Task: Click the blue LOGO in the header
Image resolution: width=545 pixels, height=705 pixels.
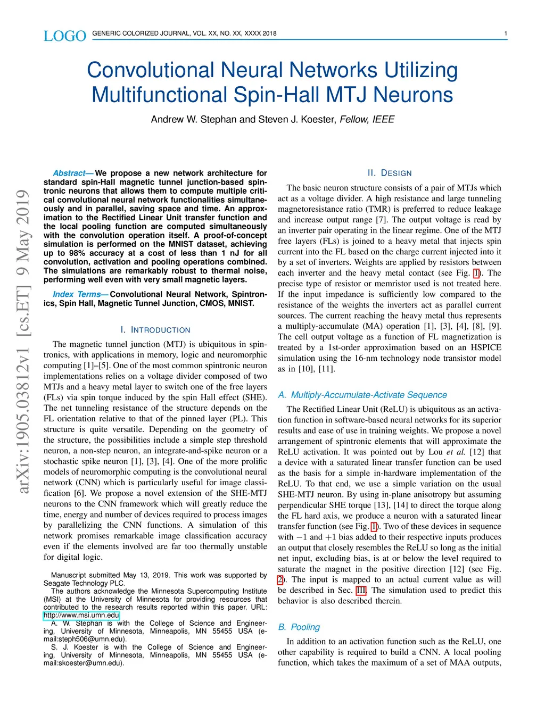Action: [x=64, y=36]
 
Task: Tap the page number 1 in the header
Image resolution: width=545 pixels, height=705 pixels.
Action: [x=506, y=34]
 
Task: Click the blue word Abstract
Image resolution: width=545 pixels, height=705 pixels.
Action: [x=69, y=173]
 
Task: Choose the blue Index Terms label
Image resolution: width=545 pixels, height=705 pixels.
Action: [x=77, y=294]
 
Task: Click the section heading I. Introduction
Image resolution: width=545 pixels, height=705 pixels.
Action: [x=155, y=330]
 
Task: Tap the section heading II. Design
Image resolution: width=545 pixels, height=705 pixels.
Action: [x=390, y=173]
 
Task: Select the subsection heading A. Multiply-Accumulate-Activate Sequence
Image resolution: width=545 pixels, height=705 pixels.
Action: [x=362, y=395]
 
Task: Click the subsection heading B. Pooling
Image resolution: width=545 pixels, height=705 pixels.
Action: [x=299, y=627]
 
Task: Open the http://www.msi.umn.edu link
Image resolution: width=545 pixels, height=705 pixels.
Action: [x=81, y=615]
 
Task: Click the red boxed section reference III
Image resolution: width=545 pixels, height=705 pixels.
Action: [x=361, y=590]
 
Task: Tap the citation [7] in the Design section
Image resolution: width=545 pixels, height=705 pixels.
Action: [x=381, y=220]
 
